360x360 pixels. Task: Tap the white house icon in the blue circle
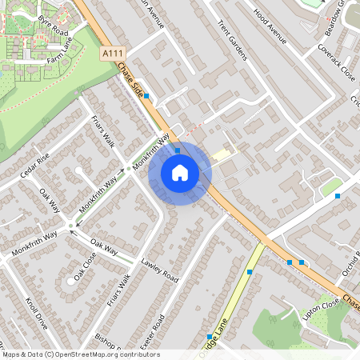tap(180, 172)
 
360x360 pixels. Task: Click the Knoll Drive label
tap(37, 315)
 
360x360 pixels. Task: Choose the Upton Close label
tap(320, 308)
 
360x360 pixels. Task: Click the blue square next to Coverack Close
tap(338, 196)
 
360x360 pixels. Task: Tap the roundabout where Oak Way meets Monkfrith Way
tap(71, 226)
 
